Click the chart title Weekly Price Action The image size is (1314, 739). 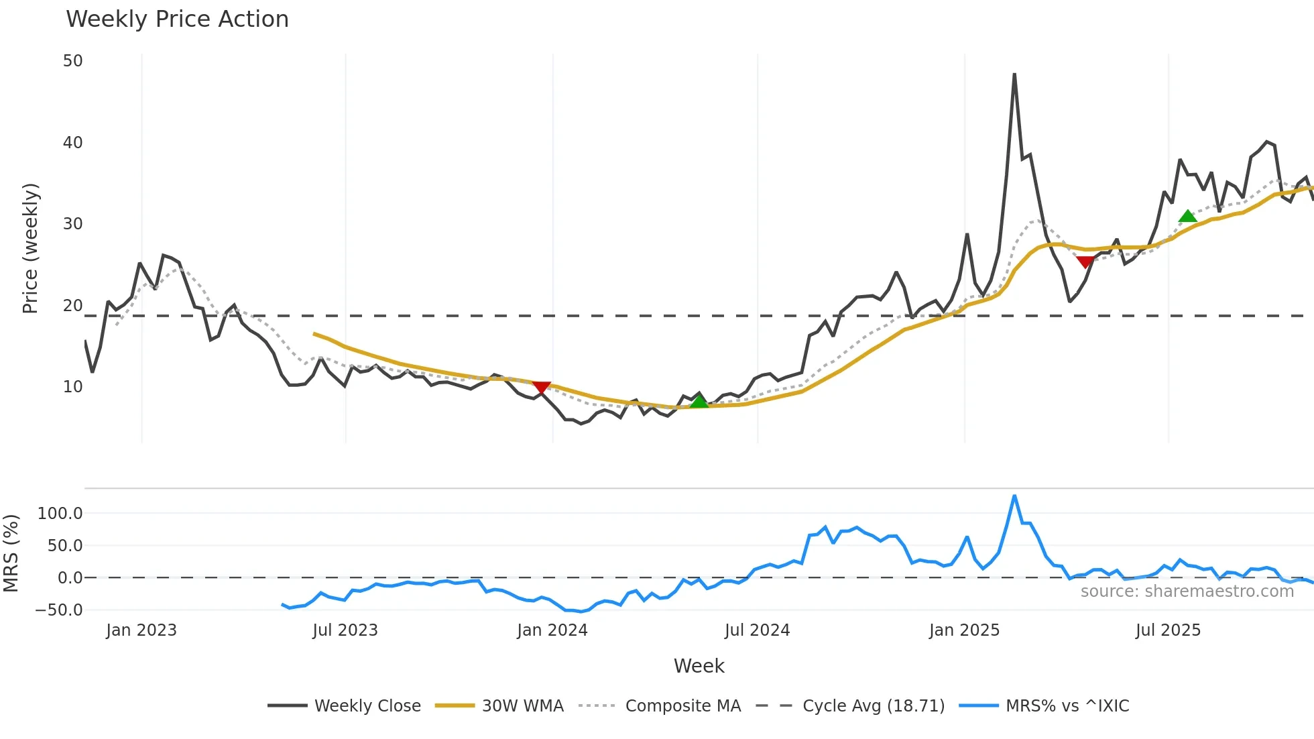coord(177,19)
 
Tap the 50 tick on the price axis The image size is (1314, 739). coord(72,61)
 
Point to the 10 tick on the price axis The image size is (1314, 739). coord(72,387)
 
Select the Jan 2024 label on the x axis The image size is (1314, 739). coord(552,630)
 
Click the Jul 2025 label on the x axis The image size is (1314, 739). coord(1168,630)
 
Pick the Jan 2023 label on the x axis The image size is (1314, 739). coord(141,630)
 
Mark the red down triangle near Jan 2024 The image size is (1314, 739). coord(541,388)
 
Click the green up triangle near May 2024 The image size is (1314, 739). coord(699,402)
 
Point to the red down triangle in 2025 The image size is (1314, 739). coord(1085,262)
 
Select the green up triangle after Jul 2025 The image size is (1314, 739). coord(1187,216)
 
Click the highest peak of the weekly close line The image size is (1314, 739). coord(1014,74)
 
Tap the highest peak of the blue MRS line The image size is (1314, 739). coord(1014,496)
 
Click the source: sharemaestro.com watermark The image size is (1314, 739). coord(1187,591)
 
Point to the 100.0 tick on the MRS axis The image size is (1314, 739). coord(60,514)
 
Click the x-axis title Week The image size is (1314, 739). coord(699,666)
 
